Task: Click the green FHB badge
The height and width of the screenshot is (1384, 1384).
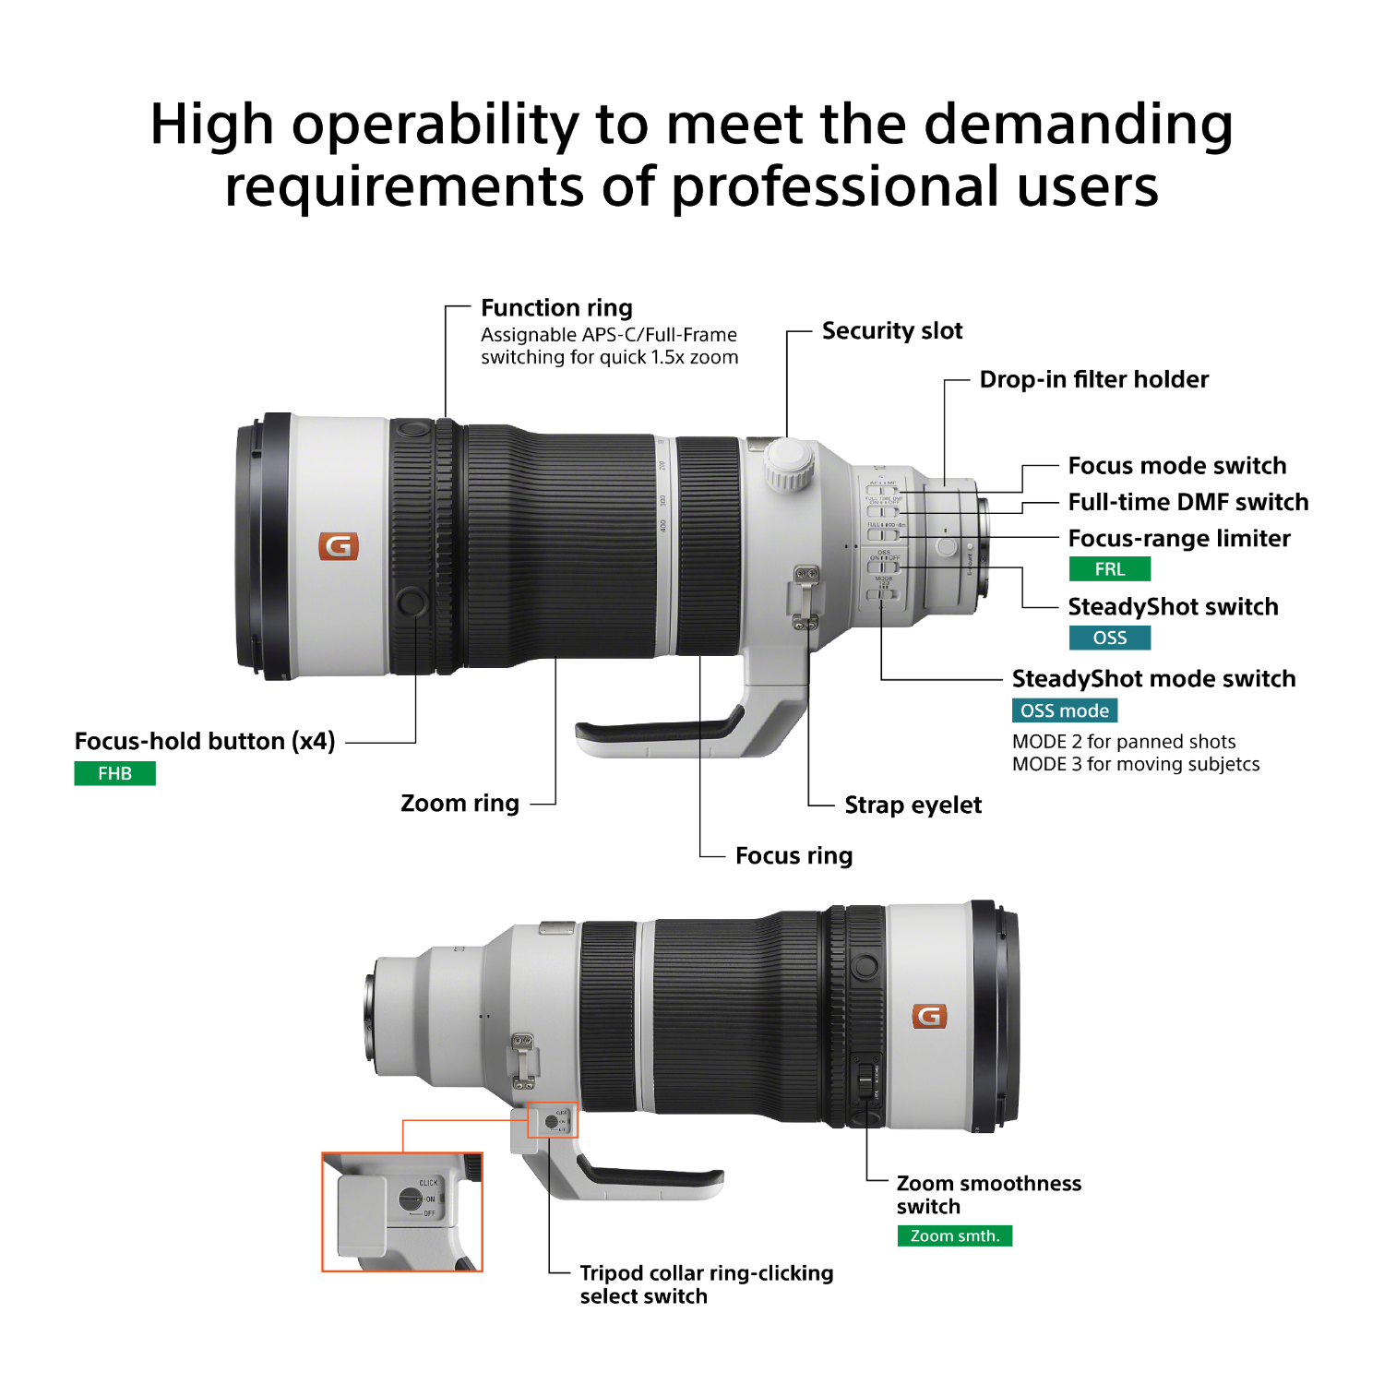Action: tap(114, 773)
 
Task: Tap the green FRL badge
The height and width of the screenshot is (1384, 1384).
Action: tap(1110, 569)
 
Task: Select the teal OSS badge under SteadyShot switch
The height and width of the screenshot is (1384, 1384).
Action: tap(1110, 638)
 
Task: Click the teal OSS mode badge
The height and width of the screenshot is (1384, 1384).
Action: tap(1065, 710)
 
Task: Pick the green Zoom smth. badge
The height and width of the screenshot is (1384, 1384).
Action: tap(955, 1235)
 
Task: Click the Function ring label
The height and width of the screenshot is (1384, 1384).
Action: tap(556, 308)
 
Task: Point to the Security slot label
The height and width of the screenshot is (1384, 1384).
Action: tap(892, 331)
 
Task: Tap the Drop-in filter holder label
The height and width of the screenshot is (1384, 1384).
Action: tap(1094, 379)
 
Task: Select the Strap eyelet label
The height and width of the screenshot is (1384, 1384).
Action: tap(913, 805)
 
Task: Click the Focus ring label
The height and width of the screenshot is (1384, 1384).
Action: tap(794, 856)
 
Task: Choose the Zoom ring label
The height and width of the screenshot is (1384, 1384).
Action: tap(460, 804)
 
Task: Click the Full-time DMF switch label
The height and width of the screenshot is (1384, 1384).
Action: tap(1188, 502)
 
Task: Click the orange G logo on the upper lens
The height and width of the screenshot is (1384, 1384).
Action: tap(339, 546)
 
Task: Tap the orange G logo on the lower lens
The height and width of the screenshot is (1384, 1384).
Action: tap(929, 1016)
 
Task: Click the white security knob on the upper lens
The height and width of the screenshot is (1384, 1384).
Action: tap(788, 463)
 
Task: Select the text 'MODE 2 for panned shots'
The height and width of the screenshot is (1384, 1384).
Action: tap(1124, 742)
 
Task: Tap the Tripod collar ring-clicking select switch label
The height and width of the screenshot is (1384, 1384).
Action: tap(707, 1284)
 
